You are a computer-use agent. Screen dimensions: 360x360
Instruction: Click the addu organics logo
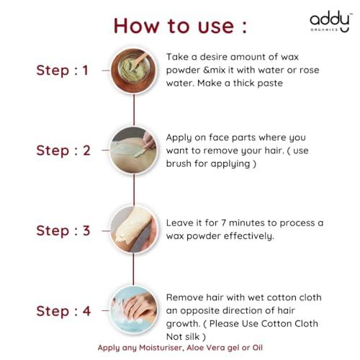(330, 22)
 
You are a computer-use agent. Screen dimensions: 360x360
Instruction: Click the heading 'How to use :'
(180, 26)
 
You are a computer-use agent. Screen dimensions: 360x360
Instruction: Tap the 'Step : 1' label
(62, 71)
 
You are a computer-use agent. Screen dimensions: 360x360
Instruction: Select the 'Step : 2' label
(63, 150)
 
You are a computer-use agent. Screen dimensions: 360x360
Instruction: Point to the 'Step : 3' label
(63, 231)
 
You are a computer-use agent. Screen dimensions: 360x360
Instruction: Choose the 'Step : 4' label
(63, 311)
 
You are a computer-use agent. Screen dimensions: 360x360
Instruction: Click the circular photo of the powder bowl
(134, 71)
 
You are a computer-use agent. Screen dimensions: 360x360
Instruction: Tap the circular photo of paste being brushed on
(134, 150)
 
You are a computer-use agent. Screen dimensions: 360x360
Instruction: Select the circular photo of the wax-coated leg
(134, 230)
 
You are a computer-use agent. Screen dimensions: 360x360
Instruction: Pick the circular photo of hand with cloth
(134, 310)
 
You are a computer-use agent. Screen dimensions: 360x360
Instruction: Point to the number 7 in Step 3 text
(224, 223)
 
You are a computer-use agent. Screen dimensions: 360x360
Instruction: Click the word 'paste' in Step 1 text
(270, 84)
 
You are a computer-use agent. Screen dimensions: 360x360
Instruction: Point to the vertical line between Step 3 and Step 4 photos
(134, 270)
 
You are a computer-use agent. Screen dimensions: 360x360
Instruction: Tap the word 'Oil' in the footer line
(257, 348)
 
